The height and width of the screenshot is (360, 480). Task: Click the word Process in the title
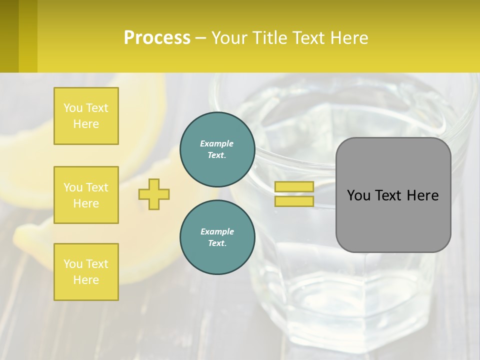tap(157, 38)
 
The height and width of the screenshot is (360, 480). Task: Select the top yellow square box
tap(86, 116)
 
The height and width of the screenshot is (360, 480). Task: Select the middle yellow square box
tap(86, 195)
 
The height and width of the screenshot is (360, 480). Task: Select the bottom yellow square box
tap(86, 272)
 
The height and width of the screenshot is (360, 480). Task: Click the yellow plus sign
tap(154, 194)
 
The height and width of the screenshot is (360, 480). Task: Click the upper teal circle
tap(217, 149)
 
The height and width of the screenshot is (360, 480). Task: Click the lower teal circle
tap(217, 237)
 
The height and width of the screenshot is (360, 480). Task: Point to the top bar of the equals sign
tap(294, 186)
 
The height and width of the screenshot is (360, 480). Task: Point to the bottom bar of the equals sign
tap(294, 201)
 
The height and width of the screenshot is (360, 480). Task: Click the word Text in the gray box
tap(388, 195)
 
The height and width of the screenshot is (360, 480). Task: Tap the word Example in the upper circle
tap(217, 144)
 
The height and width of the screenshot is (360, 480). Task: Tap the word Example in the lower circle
tap(217, 232)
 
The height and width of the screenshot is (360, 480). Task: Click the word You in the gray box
tap(358, 195)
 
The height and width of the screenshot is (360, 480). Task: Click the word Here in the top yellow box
tap(86, 124)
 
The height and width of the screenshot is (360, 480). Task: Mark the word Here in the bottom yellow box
tap(86, 280)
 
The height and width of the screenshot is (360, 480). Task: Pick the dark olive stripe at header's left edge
tap(9, 36)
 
